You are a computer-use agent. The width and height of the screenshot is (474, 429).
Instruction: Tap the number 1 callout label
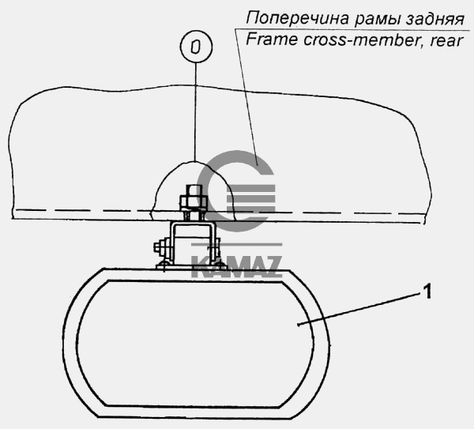427,294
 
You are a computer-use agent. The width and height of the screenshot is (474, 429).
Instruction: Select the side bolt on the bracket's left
161,253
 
